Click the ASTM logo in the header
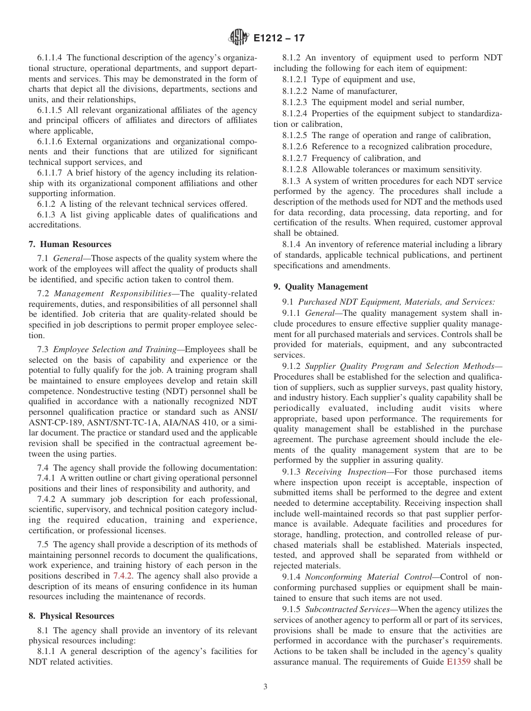tap(239, 38)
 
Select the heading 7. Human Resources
tap(69, 244)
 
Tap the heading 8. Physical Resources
tap(71, 616)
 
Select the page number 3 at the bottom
tap(265, 687)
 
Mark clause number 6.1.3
tap(45, 215)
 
